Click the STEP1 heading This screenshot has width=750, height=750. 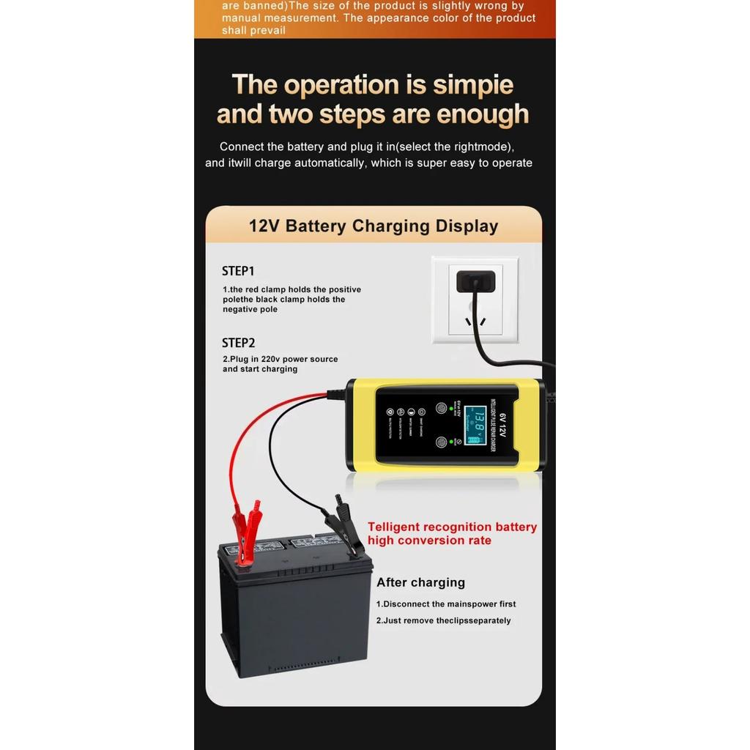pos(238,271)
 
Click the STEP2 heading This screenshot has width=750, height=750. pos(238,343)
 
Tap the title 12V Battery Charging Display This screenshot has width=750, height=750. pos(374,226)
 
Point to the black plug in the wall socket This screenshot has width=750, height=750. pos(475,282)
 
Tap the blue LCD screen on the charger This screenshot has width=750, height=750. pos(476,426)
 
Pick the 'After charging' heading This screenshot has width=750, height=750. pos(420,582)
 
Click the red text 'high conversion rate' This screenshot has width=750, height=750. pos(429,541)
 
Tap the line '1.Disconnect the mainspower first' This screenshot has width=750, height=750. pos(446,604)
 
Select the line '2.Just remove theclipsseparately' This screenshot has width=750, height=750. pos(444,620)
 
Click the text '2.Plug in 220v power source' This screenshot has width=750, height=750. pos(281,359)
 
